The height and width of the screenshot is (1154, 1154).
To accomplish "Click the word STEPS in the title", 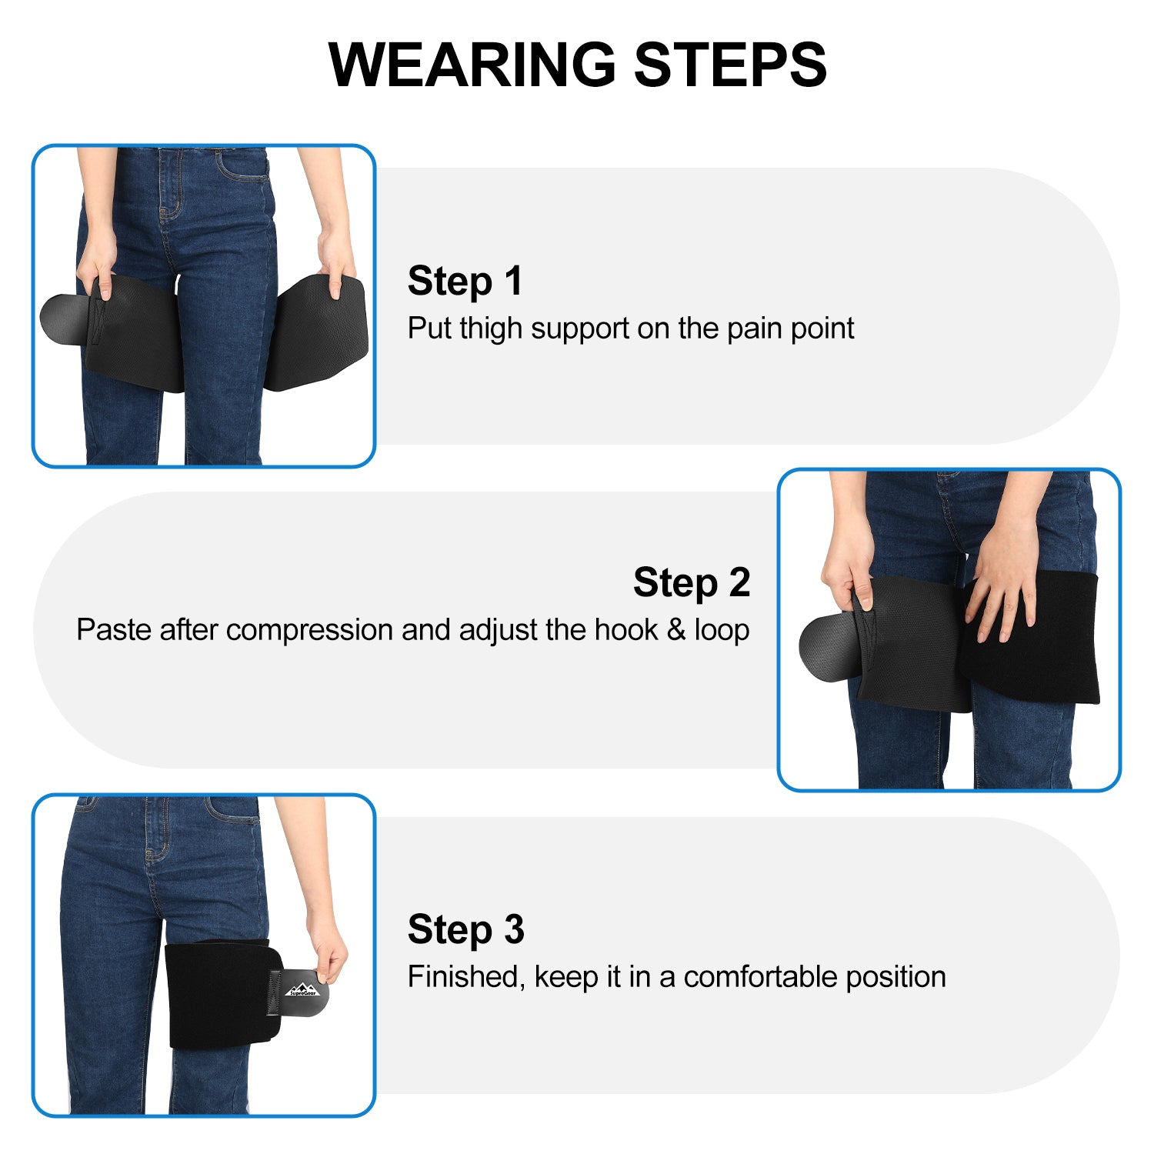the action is click(x=730, y=65).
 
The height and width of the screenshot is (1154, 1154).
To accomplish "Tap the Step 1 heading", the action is click(x=465, y=281).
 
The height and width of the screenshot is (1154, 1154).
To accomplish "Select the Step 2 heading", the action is click(x=692, y=582).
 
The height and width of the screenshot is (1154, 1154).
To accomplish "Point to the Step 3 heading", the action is click(x=465, y=929).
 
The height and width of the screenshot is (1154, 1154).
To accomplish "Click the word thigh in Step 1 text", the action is click(x=491, y=329).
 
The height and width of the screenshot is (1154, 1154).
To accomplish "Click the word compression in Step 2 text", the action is click(x=309, y=631).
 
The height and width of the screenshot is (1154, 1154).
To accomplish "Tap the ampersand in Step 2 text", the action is click(x=676, y=629).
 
